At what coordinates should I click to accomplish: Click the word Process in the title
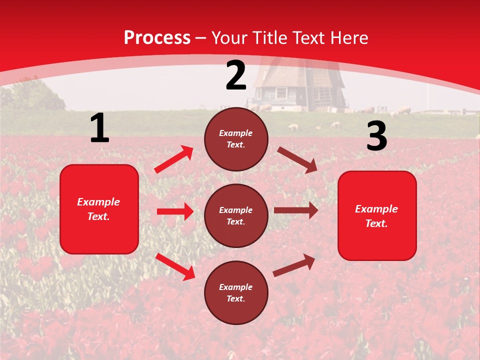click(x=157, y=37)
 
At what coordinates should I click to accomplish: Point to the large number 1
click(x=99, y=128)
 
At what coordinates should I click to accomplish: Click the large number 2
click(x=236, y=75)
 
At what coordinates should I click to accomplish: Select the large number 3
click(x=376, y=136)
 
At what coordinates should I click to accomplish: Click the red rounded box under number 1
click(x=99, y=209)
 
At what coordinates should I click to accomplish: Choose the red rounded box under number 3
click(x=377, y=215)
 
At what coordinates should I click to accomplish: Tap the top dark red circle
click(x=236, y=139)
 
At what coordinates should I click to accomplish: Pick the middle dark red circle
click(x=236, y=215)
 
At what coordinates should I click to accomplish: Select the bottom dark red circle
click(x=236, y=292)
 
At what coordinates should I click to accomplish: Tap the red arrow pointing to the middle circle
click(x=175, y=211)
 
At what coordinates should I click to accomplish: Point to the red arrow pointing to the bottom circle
click(x=175, y=266)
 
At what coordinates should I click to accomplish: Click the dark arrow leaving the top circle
click(x=297, y=159)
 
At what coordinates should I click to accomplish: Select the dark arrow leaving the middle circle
click(x=296, y=210)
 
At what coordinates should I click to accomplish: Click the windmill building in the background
click(x=298, y=87)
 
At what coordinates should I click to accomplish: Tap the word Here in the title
click(x=349, y=37)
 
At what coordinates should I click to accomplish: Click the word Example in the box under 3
click(x=376, y=209)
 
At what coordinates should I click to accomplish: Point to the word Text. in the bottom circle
click(x=236, y=298)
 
